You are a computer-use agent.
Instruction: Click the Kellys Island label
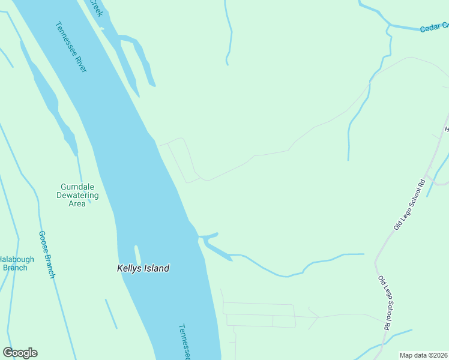[143, 268]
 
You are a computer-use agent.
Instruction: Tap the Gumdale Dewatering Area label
[77, 195]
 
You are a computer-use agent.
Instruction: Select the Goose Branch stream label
[47, 254]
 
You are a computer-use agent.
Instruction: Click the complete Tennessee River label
[71, 47]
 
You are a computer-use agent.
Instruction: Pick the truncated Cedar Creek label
[434, 27]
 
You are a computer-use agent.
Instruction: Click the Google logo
[20, 353]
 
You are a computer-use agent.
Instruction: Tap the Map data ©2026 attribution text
[423, 355]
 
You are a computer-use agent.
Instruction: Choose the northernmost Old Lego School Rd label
[409, 205]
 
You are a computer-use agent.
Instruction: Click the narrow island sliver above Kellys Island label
[137, 254]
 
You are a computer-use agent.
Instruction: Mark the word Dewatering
[77, 195]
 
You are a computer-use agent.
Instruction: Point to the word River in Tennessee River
[80, 61]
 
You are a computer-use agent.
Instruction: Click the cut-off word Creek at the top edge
[96, 7]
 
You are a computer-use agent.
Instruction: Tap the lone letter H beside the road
[446, 130]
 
